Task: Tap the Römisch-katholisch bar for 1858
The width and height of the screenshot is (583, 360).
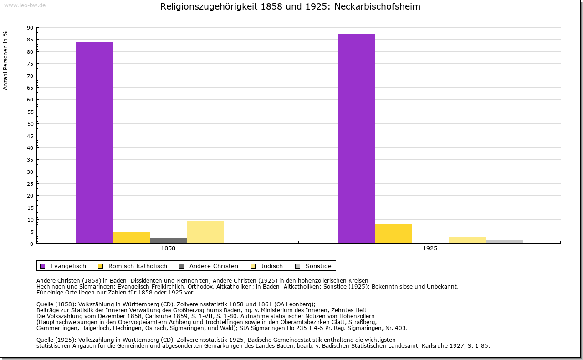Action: tap(132, 238)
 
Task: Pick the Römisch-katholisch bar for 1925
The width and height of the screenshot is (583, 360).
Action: tap(394, 233)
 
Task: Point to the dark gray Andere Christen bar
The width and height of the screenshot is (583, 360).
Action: tap(169, 241)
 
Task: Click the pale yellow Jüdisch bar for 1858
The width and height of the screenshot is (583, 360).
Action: tap(205, 232)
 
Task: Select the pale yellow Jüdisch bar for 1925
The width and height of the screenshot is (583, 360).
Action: tap(467, 240)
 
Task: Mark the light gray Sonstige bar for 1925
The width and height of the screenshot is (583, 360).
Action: tap(504, 242)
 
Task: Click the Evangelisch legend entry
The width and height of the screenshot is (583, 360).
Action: tap(68, 266)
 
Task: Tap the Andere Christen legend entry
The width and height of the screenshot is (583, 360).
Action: tap(213, 266)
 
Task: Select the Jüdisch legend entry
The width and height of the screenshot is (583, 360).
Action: tap(271, 266)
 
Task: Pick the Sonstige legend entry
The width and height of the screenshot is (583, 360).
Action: tap(318, 266)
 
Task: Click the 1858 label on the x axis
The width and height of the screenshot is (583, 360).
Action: tap(168, 249)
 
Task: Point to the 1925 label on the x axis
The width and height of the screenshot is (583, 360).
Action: tap(430, 249)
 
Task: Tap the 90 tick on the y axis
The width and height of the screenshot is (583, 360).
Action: tap(30, 28)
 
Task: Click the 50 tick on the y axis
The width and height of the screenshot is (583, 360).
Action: tap(30, 124)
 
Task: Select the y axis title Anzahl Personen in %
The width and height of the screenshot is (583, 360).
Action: tap(5, 60)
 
